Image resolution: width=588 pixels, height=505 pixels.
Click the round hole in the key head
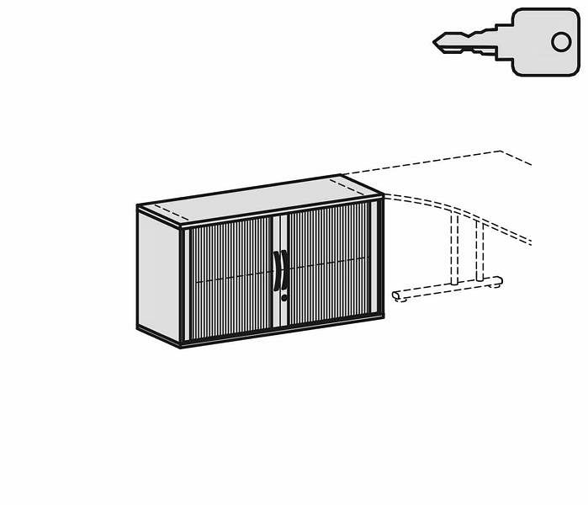tap(561, 41)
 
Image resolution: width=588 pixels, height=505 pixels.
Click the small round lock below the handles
tap(284, 297)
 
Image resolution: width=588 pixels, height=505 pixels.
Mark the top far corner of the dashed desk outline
tap(502, 151)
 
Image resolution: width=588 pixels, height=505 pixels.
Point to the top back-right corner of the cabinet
tap(341, 176)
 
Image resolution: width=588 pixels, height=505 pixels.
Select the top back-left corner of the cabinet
tap(138, 205)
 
